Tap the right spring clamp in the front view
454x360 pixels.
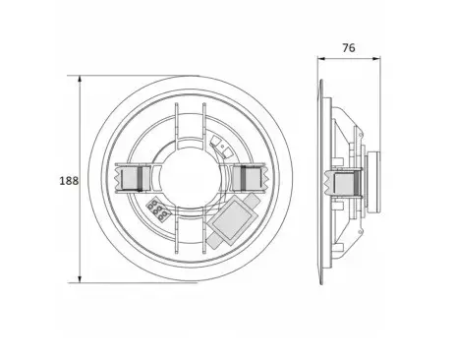(252, 178)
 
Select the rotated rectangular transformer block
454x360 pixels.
(231, 221)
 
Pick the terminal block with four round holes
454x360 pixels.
(157, 210)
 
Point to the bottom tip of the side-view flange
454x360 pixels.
(322, 283)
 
